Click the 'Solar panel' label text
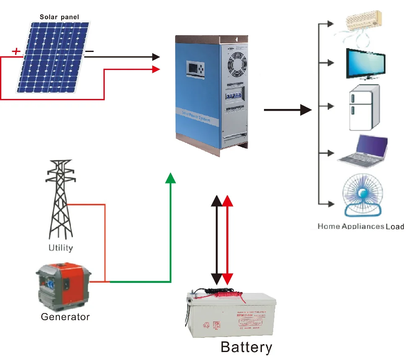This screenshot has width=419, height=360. pyautogui.click(x=59, y=17)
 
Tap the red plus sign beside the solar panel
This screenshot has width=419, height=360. pyautogui.click(x=16, y=52)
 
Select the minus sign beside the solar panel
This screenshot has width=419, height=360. pyautogui.click(x=90, y=52)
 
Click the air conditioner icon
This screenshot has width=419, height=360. pyautogui.click(x=363, y=24)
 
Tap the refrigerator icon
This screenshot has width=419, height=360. pyautogui.click(x=364, y=108)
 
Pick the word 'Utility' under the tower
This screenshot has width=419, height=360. pyautogui.click(x=60, y=247)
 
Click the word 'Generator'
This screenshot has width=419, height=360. pyautogui.click(x=65, y=316)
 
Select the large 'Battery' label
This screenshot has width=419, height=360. pyautogui.click(x=246, y=347)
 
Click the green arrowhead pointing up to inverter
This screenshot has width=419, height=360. pyautogui.click(x=171, y=178)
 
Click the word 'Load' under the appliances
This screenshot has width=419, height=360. pyautogui.click(x=395, y=227)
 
